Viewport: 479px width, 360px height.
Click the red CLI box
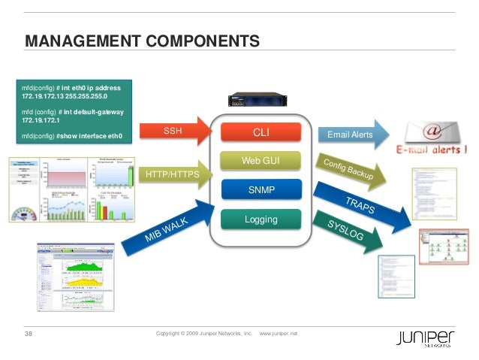[261, 134]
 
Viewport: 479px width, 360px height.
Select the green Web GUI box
[261, 161]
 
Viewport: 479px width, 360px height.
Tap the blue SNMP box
[261, 190]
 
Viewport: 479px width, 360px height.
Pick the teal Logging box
[261, 219]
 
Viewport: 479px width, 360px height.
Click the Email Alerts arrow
[350, 135]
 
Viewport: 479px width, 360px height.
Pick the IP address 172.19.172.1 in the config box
[44, 121]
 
